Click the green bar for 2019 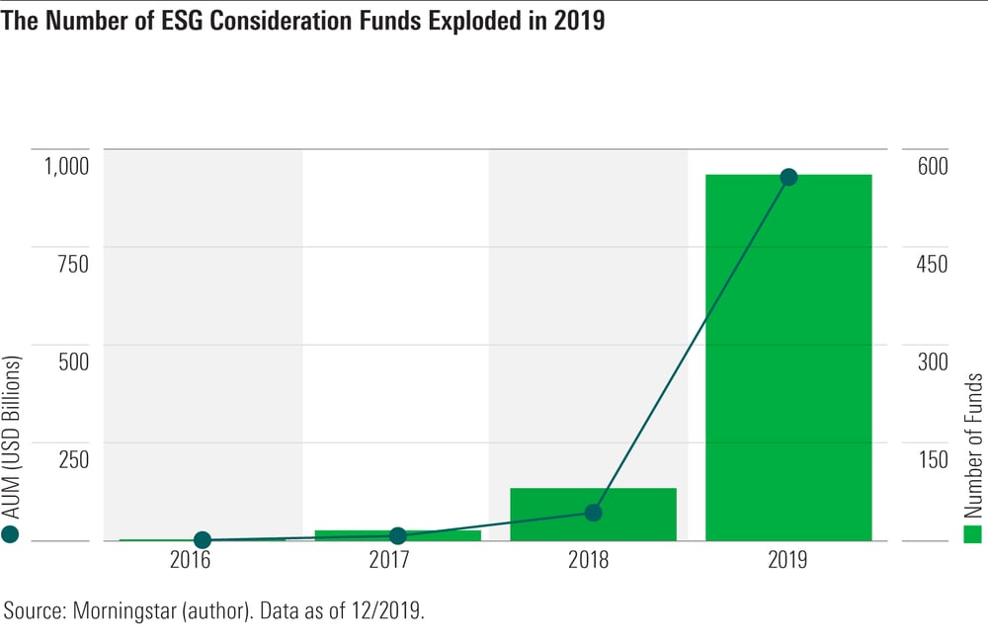pyautogui.click(x=788, y=358)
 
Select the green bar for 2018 pyautogui.click(x=593, y=515)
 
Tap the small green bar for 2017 pyautogui.click(x=398, y=535)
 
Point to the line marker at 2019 pyautogui.click(x=788, y=178)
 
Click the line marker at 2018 pyautogui.click(x=593, y=513)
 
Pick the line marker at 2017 pyautogui.click(x=398, y=535)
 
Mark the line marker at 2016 pyautogui.click(x=203, y=540)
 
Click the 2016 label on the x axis pyautogui.click(x=203, y=561)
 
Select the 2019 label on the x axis pyautogui.click(x=788, y=561)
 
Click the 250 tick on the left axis pyautogui.click(x=71, y=459)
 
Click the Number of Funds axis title pyautogui.click(x=974, y=445)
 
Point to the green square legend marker pyautogui.click(x=974, y=534)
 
